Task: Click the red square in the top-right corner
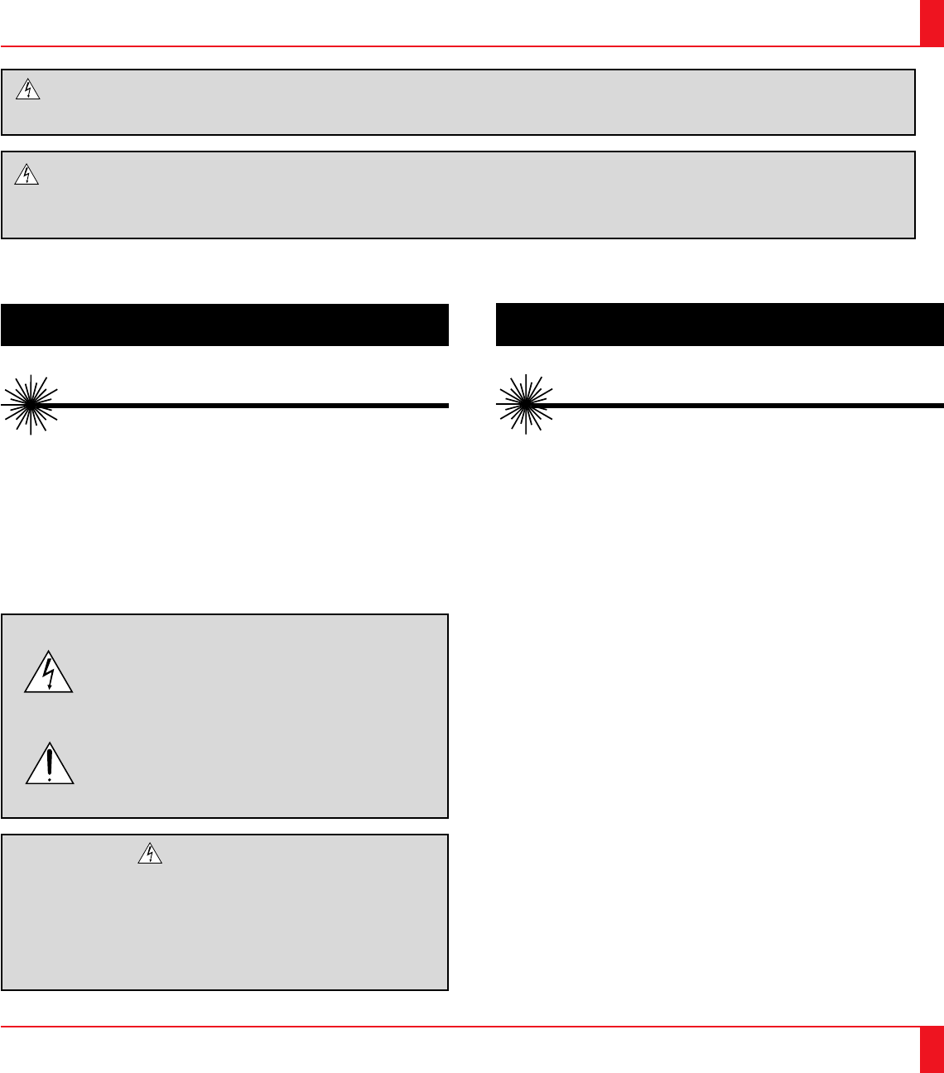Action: point(932,22)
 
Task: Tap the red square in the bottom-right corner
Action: point(932,1050)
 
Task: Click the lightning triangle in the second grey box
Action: point(28,174)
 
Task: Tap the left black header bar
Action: point(224,325)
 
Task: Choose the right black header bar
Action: point(720,325)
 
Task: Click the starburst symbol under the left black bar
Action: point(29,405)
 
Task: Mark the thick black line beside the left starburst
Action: point(248,406)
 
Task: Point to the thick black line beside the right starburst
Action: point(745,406)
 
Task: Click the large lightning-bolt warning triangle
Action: point(49,672)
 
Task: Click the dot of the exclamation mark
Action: point(50,778)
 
